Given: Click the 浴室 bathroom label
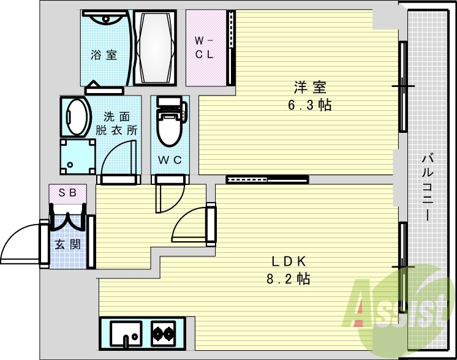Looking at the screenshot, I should point(104,55).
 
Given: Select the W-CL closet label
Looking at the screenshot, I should point(205,47).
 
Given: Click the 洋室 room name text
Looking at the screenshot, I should point(304,88).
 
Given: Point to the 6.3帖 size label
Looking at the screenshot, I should point(309,105).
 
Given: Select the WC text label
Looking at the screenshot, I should point(169,160).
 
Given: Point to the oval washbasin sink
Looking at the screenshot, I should point(75,116).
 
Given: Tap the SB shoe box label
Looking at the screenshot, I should point(67,192).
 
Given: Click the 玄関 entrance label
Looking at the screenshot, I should point(67,245).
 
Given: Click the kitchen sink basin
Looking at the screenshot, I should point(127,334).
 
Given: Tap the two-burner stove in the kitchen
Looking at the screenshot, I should point(164,334).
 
